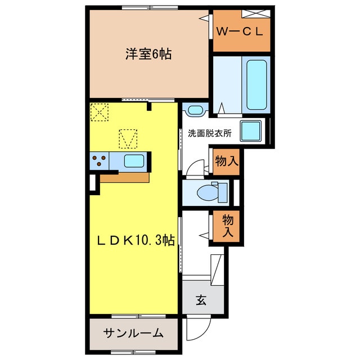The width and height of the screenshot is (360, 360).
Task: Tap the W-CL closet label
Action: coord(240,31)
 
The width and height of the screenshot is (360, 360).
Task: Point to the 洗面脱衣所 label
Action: coord(210,134)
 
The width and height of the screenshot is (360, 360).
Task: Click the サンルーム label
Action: coord(133,333)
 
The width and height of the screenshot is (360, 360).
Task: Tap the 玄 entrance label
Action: coord(201,300)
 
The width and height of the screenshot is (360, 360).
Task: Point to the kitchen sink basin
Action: coord(134,162)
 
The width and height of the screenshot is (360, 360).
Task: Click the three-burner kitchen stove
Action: coord(100,161)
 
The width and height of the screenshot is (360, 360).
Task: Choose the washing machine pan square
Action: coord(251,130)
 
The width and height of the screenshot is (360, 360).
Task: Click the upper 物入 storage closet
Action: coord(226,161)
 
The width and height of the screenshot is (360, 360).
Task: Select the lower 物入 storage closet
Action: coord(227,225)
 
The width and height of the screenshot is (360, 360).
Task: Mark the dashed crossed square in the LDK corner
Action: coord(100,112)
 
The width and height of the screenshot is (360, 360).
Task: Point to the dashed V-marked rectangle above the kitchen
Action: coord(128,138)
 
